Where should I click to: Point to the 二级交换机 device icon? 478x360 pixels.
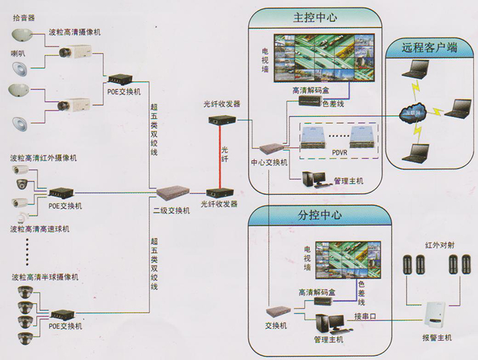pos(172,194)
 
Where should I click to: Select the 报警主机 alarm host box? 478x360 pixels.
pos(435,315)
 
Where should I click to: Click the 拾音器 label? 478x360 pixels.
pos(24,18)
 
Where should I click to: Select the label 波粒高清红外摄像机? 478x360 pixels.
pos(43,158)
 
